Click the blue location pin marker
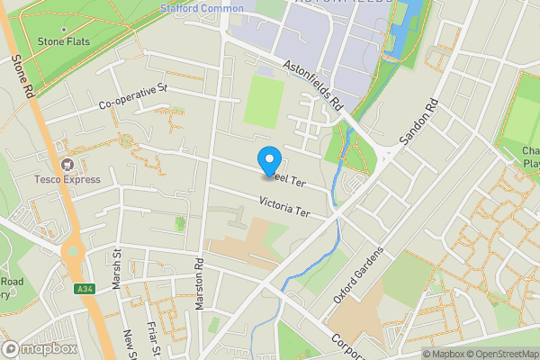[x=268, y=160]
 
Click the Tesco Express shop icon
[x=67, y=165]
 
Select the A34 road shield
[x=84, y=288]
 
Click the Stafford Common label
[x=202, y=8]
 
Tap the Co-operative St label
[x=134, y=95]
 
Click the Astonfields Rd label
[x=314, y=86]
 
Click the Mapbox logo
[x=38, y=349]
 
